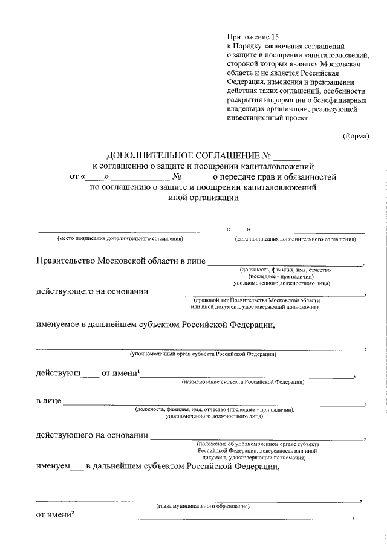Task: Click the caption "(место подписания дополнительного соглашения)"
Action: coord(120,239)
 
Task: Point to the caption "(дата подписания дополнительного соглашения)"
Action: coord(295,239)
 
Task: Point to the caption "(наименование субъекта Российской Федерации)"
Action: coord(243,382)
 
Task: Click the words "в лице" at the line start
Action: coord(48,401)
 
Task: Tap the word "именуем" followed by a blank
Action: coord(53,467)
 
